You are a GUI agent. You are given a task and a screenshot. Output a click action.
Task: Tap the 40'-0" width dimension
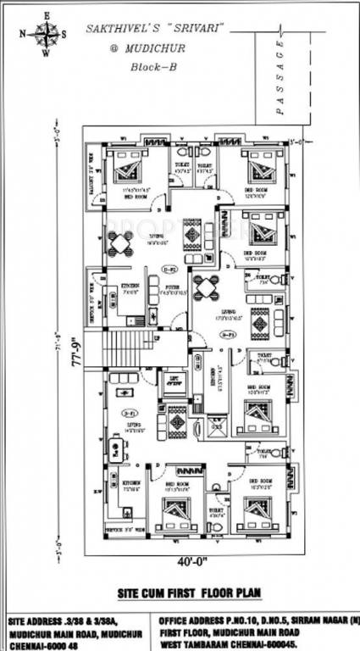point(191,559)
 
